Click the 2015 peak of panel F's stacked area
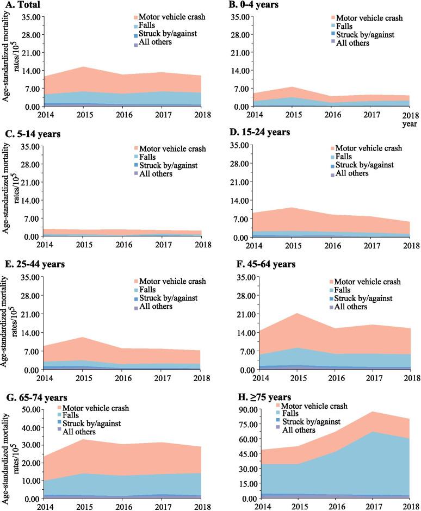click(x=296, y=313)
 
